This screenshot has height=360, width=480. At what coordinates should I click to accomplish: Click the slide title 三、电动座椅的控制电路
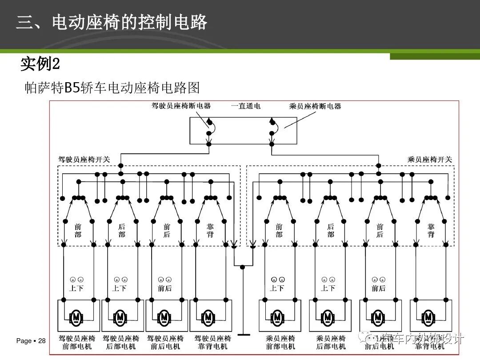click(x=112, y=22)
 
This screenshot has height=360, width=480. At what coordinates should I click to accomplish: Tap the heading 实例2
click(x=40, y=64)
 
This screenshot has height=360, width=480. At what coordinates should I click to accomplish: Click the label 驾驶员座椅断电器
click(x=181, y=106)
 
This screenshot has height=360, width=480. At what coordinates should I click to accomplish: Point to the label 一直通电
click(x=246, y=106)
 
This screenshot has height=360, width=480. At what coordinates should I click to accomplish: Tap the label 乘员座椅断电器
click(x=315, y=106)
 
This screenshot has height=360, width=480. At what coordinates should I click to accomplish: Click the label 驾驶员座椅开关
click(x=84, y=159)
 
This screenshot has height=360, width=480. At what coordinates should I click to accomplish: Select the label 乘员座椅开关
click(x=430, y=159)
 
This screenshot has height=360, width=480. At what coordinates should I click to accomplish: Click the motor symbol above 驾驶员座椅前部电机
click(x=77, y=317)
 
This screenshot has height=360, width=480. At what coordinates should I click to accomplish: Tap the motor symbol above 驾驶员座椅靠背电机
click(x=208, y=317)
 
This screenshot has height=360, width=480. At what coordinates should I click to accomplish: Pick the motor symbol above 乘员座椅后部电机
click(x=328, y=317)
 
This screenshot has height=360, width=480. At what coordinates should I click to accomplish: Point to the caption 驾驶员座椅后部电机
click(x=121, y=342)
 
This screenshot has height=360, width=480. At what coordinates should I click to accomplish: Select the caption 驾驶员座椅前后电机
click(x=165, y=342)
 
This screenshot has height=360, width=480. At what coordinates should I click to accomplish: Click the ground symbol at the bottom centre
click(x=243, y=334)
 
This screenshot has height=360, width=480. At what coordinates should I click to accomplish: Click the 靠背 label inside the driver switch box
click(x=210, y=230)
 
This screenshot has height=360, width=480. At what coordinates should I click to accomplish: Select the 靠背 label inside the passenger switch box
click(x=431, y=230)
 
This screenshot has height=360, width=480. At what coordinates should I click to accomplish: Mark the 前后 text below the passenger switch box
click(x=378, y=288)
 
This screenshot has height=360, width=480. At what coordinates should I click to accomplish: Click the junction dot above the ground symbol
click(x=243, y=267)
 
